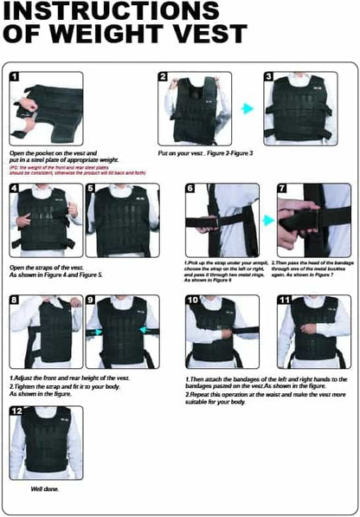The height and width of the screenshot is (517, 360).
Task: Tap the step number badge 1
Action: [16, 77]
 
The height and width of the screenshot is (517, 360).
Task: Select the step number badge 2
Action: [164, 77]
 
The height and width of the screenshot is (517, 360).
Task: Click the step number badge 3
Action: [269, 77]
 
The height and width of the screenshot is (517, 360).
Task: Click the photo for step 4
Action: [45, 220]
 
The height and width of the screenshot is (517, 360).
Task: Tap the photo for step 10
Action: [222, 331]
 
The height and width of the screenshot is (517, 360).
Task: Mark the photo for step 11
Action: [314, 331]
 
